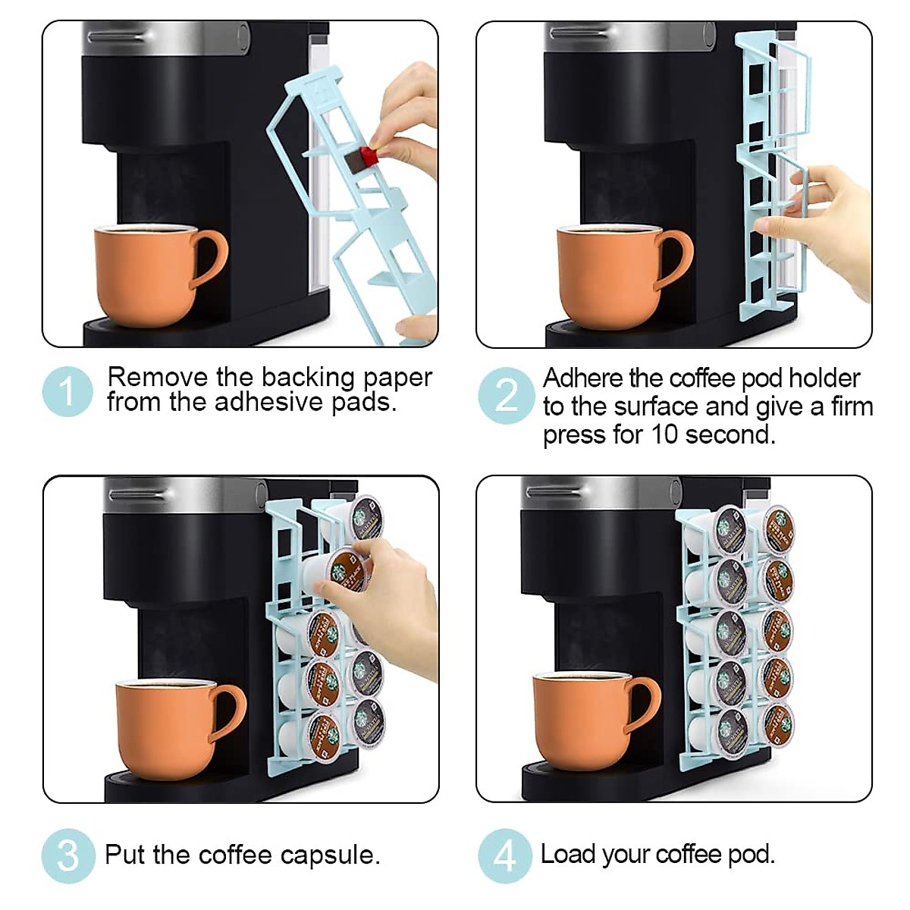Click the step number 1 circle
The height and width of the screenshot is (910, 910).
[x=67, y=392]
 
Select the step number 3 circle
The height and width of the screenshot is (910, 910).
[x=67, y=855]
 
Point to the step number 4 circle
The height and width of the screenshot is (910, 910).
[x=504, y=855]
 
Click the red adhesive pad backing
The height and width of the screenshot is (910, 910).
[x=369, y=156]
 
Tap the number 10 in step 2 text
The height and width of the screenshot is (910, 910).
[x=665, y=435]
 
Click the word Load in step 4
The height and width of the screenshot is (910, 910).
[x=567, y=854]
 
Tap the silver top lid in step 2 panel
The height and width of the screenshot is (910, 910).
[x=629, y=36]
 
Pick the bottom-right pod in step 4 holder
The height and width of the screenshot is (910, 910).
[x=777, y=726]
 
